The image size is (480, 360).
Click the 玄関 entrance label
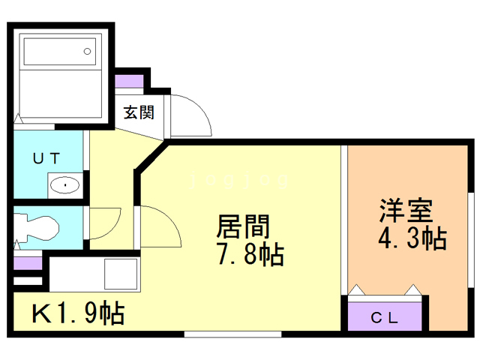pyautogui.click(x=139, y=112)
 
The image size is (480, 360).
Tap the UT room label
pyautogui.click(x=46, y=158)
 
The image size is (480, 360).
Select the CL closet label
pyautogui.click(x=384, y=318)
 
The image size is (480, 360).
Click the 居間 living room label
pyautogui.click(x=243, y=226)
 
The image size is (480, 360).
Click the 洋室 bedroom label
pyautogui.click(x=406, y=210)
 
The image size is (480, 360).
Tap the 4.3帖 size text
pyautogui.click(x=412, y=238)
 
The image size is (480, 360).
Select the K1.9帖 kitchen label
pyautogui.click(x=78, y=313)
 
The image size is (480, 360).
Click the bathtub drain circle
pyautogui.click(x=87, y=52)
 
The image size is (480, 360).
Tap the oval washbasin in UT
pyautogui.click(x=65, y=185)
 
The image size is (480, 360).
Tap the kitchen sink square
pyautogui.click(x=121, y=274)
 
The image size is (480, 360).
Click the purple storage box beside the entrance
pyautogui.click(x=129, y=81)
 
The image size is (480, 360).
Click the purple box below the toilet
pyautogui.click(x=28, y=263)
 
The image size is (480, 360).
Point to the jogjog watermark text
pyautogui.click(x=239, y=181)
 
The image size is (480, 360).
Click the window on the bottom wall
pyautogui.click(x=232, y=334)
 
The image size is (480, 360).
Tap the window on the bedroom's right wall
pyautogui.click(x=471, y=240)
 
